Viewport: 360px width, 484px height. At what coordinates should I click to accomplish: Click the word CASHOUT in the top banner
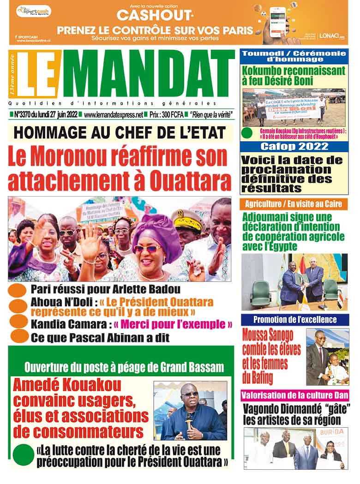pyautogui.click(x=147, y=16)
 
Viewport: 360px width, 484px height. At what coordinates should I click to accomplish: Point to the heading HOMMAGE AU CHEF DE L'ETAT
pyautogui.click(x=120, y=133)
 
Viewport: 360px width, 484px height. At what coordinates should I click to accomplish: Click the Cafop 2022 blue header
pyautogui.click(x=294, y=147)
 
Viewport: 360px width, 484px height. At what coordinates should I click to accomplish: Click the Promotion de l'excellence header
pyautogui.click(x=294, y=320)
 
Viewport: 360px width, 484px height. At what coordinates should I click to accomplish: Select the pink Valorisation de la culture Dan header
pyautogui.click(x=294, y=395)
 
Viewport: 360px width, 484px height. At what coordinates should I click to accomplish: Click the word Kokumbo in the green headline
pyautogui.click(x=266, y=71)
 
